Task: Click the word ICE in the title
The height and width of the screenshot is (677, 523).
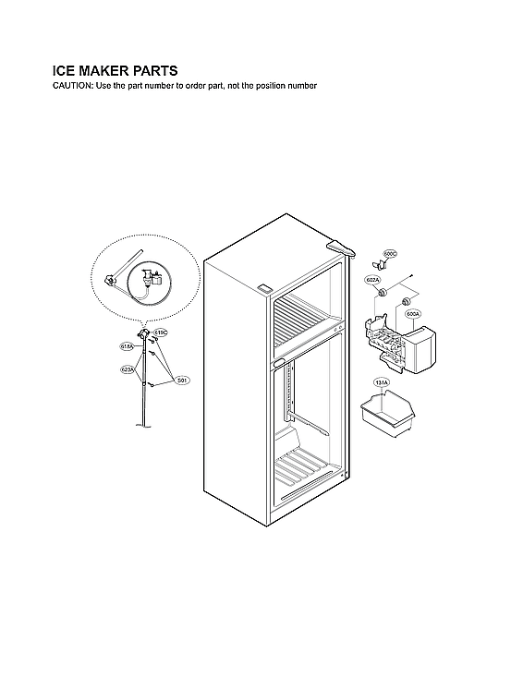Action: coord(66,70)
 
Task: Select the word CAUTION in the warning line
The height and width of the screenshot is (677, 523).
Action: coord(72,86)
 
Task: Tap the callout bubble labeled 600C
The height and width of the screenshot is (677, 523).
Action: coord(390,254)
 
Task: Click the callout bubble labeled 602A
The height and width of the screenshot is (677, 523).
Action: coord(372,279)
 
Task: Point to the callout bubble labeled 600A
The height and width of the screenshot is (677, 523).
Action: coord(412,314)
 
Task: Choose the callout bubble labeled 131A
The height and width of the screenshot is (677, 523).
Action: coord(381,382)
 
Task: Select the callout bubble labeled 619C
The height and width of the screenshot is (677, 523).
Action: coord(160,332)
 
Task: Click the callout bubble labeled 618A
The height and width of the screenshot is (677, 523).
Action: coord(128,346)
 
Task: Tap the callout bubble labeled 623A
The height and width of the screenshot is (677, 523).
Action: coord(128,369)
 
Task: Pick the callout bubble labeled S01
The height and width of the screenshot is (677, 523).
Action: coord(182,380)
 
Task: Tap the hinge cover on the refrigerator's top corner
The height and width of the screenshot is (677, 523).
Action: coord(341,247)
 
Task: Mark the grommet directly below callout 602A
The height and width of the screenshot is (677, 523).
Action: coord(378,294)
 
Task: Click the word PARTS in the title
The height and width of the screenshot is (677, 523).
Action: coord(148,70)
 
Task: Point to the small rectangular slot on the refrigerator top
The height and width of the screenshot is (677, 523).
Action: coord(263,288)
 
